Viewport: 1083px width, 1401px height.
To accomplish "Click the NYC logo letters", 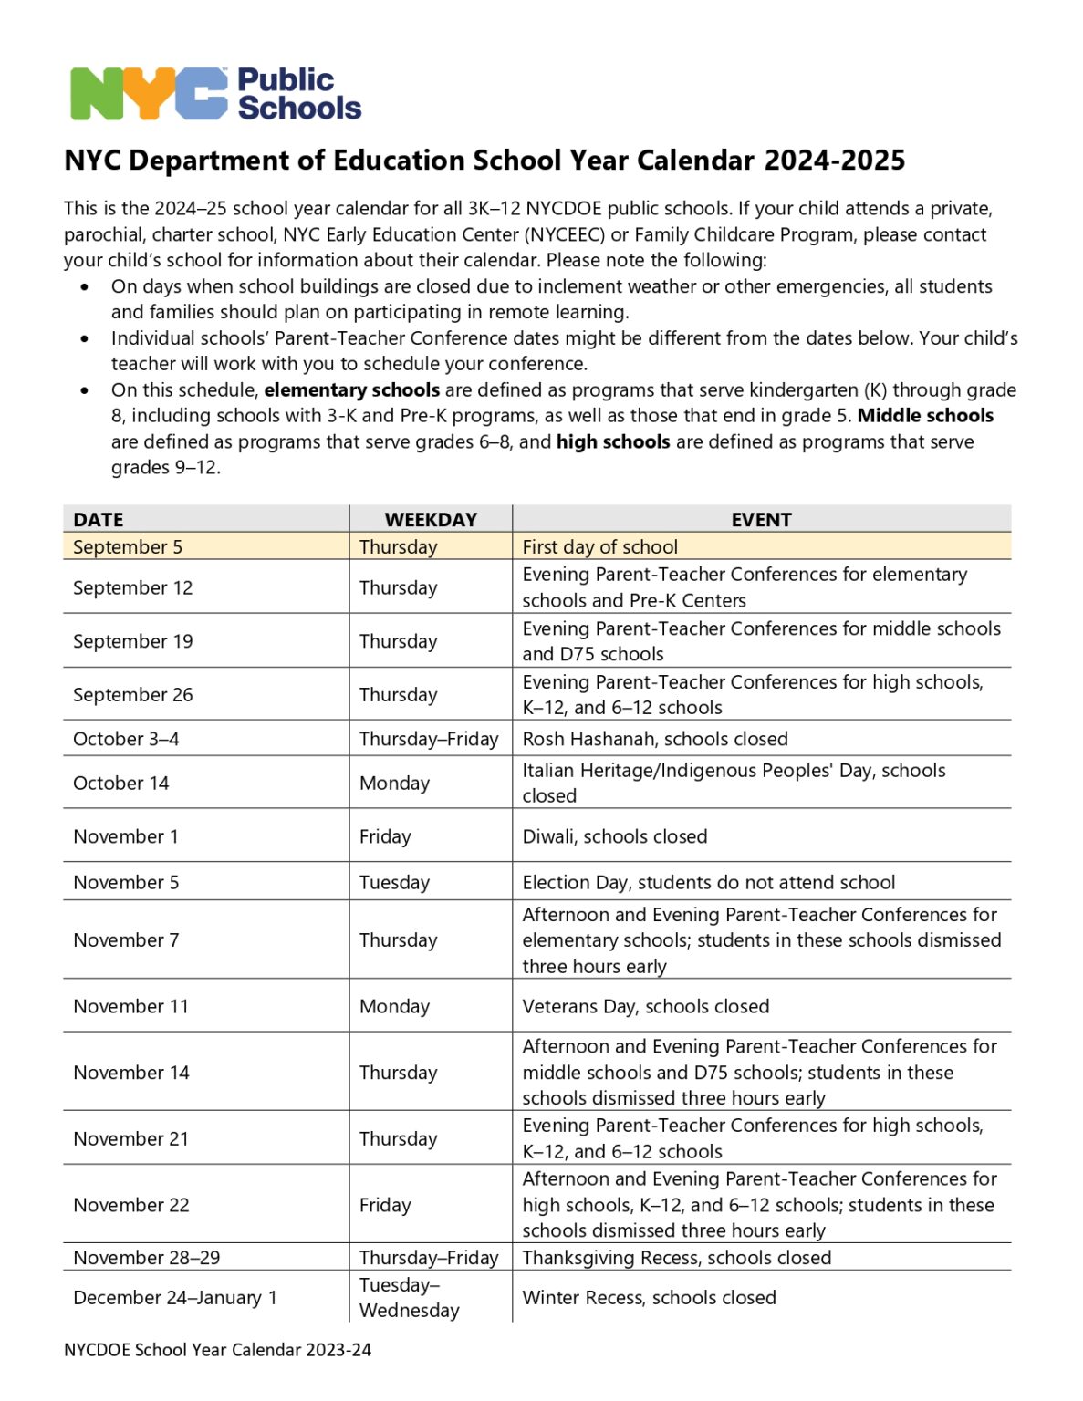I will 149,94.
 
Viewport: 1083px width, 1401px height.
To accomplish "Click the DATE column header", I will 99,519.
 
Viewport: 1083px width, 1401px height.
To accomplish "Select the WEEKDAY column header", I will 431,519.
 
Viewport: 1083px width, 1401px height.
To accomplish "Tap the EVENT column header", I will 761,519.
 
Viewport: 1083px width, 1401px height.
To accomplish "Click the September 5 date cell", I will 128,546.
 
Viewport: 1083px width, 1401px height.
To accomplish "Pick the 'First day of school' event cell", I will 599,546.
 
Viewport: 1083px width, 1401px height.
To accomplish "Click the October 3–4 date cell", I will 126,739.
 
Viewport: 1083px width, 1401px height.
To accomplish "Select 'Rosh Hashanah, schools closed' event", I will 654,739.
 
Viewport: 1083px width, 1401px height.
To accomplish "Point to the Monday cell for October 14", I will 394,783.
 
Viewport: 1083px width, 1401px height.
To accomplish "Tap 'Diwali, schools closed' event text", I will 614,836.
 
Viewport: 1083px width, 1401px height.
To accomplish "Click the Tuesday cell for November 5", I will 394,882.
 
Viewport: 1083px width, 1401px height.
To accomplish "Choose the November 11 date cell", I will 130,1006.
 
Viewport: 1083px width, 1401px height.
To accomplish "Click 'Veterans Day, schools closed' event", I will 645,1006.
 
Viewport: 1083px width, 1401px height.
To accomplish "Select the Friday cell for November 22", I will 385,1205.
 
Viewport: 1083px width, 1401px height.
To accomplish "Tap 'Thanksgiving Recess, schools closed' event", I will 676,1257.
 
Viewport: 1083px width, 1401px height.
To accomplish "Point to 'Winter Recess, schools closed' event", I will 649,1297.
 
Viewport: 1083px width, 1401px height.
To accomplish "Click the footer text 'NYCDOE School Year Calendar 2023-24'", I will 217,1350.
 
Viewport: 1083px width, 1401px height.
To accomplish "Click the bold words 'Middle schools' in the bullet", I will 925,416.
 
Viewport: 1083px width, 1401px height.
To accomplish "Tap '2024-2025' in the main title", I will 834,161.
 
